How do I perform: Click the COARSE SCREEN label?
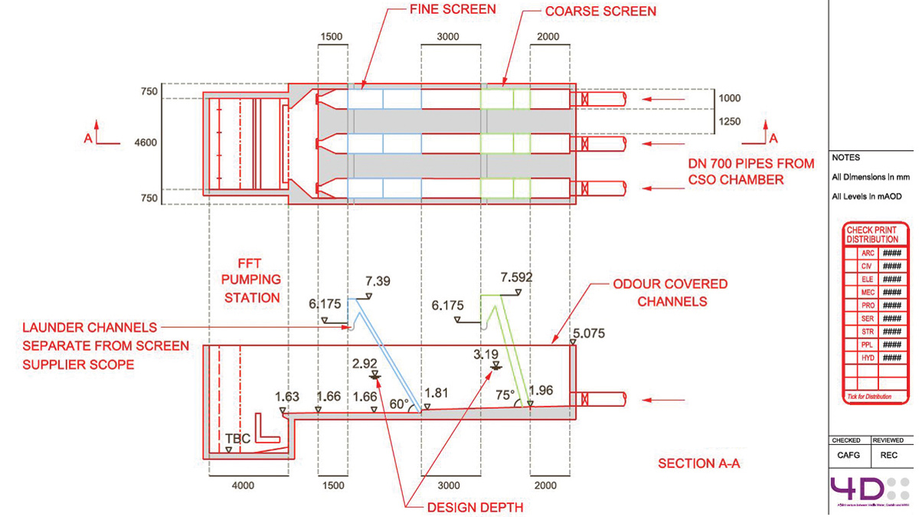tap(600, 11)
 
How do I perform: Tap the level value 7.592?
tap(516, 277)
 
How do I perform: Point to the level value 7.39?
tap(378, 282)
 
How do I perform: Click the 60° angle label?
tap(399, 403)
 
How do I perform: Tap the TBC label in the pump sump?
tap(238, 439)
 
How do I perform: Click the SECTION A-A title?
tap(698, 463)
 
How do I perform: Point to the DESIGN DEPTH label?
tap(465, 507)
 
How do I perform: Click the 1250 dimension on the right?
tap(731, 121)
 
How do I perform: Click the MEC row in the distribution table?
tap(868, 292)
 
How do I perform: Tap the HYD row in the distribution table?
tap(868, 358)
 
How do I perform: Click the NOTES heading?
tap(845, 158)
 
